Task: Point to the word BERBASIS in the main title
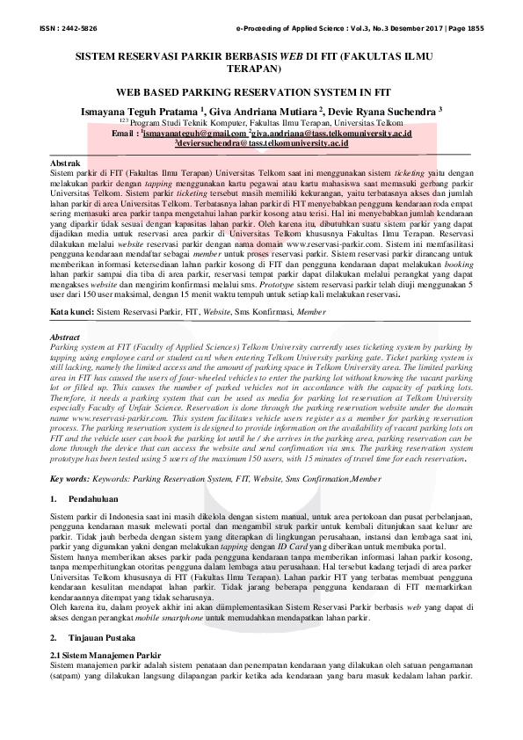(x=235, y=54)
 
